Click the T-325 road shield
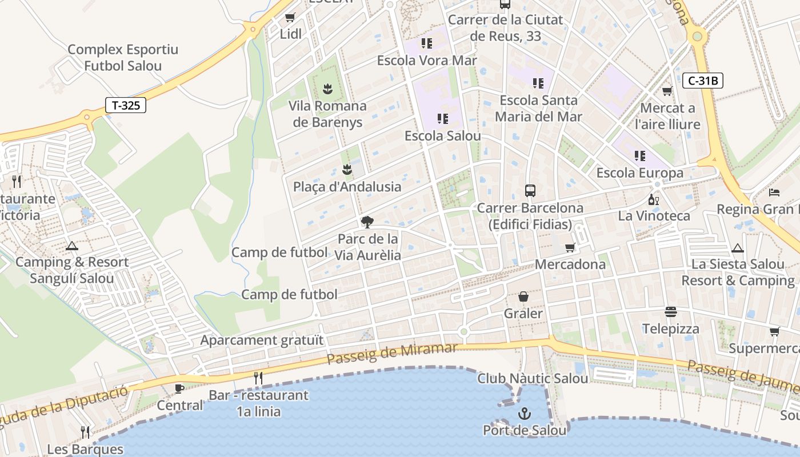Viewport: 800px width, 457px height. click(126, 105)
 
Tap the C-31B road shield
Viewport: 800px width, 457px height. click(702, 81)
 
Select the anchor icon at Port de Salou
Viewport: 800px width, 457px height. click(524, 413)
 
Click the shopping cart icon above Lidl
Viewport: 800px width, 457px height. click(290, 18)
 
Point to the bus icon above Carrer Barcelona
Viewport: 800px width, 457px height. click(530, 191)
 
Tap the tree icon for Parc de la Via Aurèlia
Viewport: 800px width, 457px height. click(367, 222)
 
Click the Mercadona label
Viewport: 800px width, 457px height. click(570, 264)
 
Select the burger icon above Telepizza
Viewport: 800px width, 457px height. click(670, 312)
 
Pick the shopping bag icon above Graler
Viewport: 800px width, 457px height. click(523, 296)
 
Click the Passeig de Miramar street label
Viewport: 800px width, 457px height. click(392, 354)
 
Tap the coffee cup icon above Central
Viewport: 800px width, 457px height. click(179, 388)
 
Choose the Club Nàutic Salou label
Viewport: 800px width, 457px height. click(533, 378)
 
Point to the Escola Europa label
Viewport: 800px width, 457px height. click(639, 173)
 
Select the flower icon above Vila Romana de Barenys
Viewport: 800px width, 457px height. click(327, 89)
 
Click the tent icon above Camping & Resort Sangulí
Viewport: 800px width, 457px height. click(71, 246)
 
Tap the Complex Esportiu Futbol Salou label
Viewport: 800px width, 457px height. click(123, 58)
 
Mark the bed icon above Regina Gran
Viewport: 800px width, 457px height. click(774, 192)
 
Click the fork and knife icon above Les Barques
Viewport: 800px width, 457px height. click(85, 432)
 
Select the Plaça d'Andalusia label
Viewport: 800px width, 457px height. click(347, 187)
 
